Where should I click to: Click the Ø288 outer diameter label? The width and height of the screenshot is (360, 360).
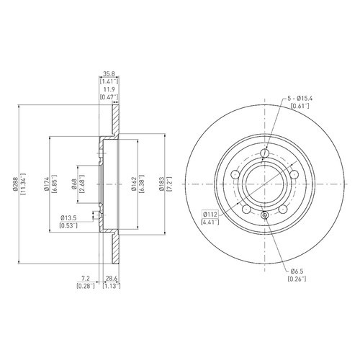coord(15,184)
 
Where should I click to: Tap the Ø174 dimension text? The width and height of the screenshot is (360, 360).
coord(46,184)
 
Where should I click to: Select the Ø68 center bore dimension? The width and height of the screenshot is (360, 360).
coord(74,184)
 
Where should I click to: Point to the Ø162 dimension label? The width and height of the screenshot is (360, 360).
coord(134,184)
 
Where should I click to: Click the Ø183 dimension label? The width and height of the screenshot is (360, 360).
coord(161,184)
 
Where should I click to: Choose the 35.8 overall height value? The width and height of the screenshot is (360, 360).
coord(109,73)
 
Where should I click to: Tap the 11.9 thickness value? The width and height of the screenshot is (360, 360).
coord(109,89)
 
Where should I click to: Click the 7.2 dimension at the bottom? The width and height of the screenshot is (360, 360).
coord(86,278)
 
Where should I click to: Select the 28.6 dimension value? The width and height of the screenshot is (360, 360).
coord(112,278)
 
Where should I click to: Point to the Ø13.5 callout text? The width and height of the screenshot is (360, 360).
coord(68,218)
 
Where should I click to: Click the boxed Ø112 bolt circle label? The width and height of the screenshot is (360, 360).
coord(210,214)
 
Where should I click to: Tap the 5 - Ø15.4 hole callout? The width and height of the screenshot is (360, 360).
coord(300,98)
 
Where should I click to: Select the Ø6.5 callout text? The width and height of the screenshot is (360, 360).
coord(297,271)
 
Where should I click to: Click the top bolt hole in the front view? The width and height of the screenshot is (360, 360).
coord(264,153)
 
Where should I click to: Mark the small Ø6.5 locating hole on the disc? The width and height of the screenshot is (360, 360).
coord(264,215)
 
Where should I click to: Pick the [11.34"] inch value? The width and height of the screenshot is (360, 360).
coord(23,184)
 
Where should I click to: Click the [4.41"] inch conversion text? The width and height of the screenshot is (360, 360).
coord(210,222)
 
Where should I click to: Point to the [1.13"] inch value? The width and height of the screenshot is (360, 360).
coord(112,286)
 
